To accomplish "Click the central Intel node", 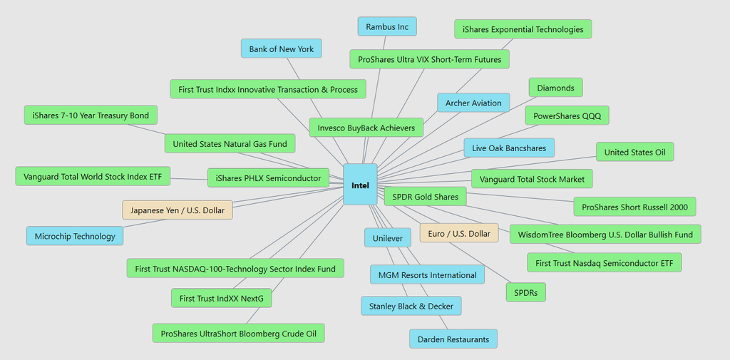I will [x=360, y=185].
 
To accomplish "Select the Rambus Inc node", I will [x=387, y=27].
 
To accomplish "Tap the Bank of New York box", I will [x=282, y=48].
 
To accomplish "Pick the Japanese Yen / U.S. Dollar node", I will [x=178, y=210].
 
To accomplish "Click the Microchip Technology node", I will [x=75, y=236].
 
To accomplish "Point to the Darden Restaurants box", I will [x=453, y=339].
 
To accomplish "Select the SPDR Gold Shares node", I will [x=426, y=196].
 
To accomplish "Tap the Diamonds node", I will [x=555, y=88].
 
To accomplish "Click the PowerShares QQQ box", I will [x=567, y=115].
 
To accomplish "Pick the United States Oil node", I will [x=634, y=152].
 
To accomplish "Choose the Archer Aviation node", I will [x=473, y=103].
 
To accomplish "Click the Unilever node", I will [x=387, y=238].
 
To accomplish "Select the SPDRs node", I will [x=525, y=292].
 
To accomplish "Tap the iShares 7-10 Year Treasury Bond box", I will [x=91, y=115].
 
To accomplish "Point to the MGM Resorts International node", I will [x=427, y=274].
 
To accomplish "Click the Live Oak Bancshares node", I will [x=509, y=148].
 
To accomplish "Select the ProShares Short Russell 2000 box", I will [x=634, y=207].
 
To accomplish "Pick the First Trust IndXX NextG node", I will [x=222, y=298].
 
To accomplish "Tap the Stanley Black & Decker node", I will [x=411, y=307].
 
